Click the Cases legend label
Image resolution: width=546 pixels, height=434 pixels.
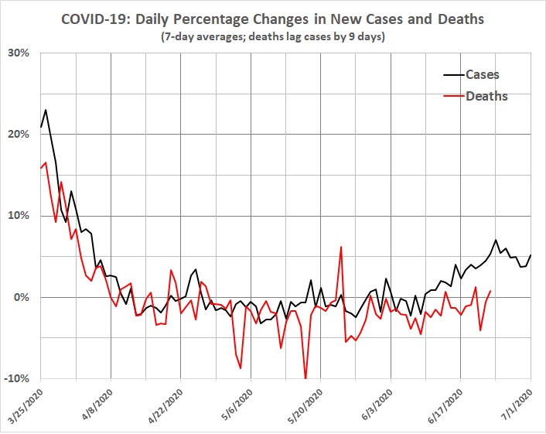482,75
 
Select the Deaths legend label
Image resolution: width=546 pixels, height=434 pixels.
486,96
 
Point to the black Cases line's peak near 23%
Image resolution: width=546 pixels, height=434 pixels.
46,110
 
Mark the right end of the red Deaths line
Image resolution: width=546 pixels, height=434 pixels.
490,291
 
